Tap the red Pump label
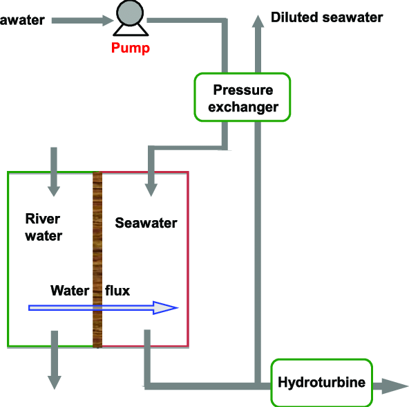point(130,48)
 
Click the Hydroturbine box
point(321,381)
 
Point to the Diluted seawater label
point(326,17)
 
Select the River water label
point(44,227)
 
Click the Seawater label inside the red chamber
point(146,223)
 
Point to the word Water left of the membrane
point(70,291)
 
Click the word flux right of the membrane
point(117,291)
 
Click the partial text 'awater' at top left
point(22,19)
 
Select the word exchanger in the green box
point(243,107)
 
